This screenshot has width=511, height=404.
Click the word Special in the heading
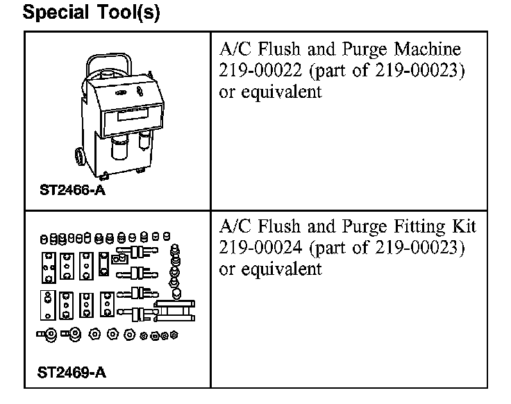click(57, 14)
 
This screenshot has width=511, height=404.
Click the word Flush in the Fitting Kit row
click(275, 227)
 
